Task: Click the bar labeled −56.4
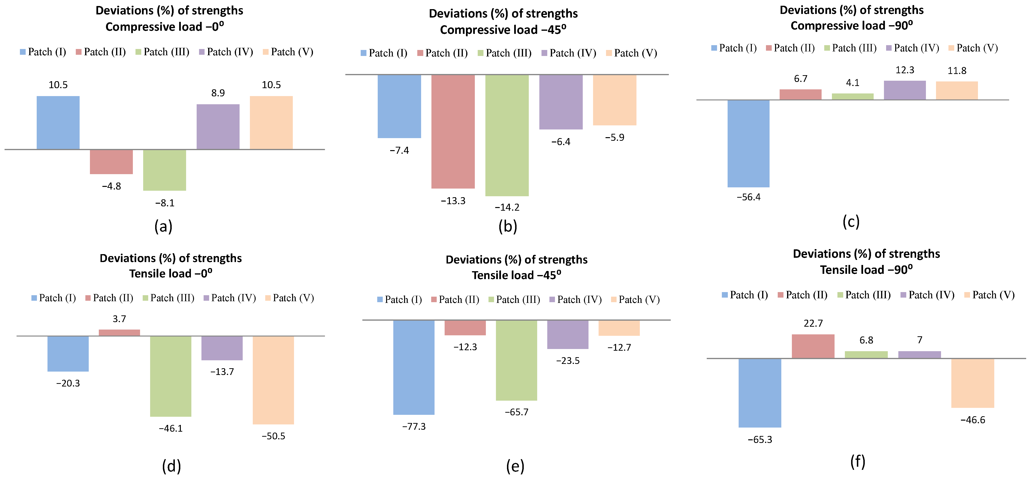748,143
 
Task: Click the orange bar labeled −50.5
273,380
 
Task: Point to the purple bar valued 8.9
218,127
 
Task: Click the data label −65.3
760,440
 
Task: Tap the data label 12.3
904,70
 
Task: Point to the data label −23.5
568,361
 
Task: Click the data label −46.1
171,428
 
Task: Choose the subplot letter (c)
851,221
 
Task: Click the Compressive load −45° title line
503,30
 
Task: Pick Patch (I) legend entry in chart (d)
53,298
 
